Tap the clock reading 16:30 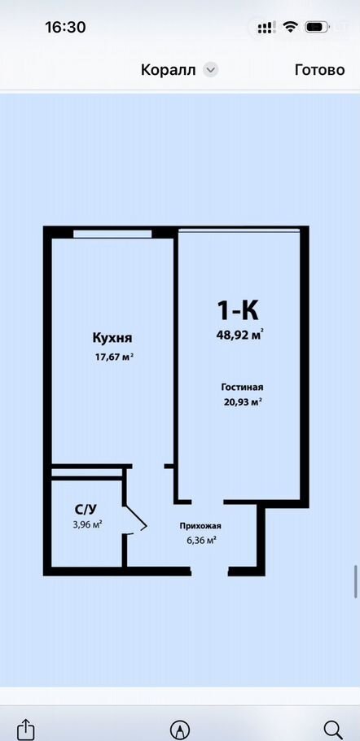tap(65, 28)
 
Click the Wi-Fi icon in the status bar tap(290, 27)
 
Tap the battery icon tap(317, 27)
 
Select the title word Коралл tap(168, 70)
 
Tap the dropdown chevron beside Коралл tap(210, 70)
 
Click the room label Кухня tap(112, 339)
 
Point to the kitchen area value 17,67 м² tap(113, 357)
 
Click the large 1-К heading tap(238, 310)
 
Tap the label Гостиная tap(242, 388)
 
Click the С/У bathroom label tap(86, 510)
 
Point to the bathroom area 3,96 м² tap(88, 524)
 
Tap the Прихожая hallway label tap(200, 526)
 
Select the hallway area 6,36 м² tap(202, 541)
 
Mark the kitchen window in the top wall tap(112, 234)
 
